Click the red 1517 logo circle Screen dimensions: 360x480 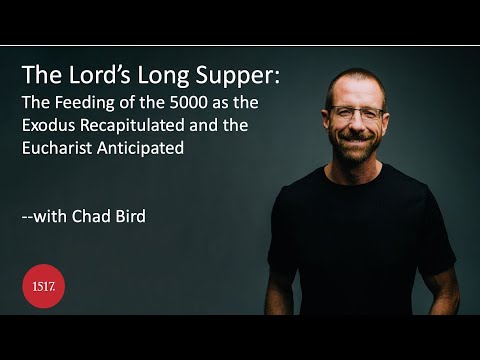pyautogui.click(x=43, y=286)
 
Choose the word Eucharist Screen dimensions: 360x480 pyautogui.click(x=60, y=148)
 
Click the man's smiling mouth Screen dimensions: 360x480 pyautogui.click(x=356, y=140)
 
